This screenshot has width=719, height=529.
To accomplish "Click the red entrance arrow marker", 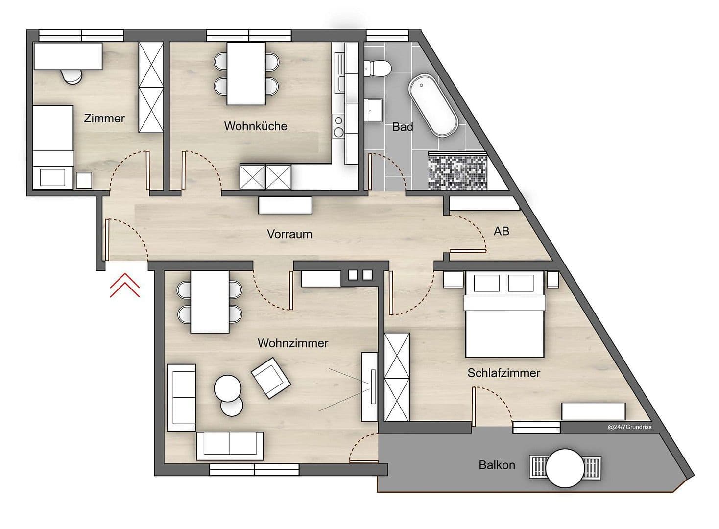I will [x=124, y=286].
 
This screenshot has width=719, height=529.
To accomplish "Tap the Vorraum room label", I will [x=289, y=234].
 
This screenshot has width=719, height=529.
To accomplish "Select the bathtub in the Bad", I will [x=433, y=105].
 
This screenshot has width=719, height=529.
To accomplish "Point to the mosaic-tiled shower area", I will [x=457, y=171].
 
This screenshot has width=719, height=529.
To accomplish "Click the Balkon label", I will [x=497, y=465].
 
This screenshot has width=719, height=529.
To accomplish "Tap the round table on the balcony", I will [x=565, y=468].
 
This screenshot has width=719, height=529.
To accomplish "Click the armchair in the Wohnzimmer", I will [x=270, y=377].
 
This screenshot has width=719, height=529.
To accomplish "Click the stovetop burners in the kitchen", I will [x=338, y=126].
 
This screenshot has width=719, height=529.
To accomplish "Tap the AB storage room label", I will [x=501, y=231].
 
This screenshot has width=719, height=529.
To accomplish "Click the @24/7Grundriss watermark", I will [x=629, y=427].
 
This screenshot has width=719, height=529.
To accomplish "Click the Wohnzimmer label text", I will [x=292, y=343].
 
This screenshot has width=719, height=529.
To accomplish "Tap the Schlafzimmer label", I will [x=503, y=373].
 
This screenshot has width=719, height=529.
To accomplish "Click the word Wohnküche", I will [x=255, y=126].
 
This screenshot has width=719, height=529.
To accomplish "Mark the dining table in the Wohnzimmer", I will [x=210, y=302].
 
